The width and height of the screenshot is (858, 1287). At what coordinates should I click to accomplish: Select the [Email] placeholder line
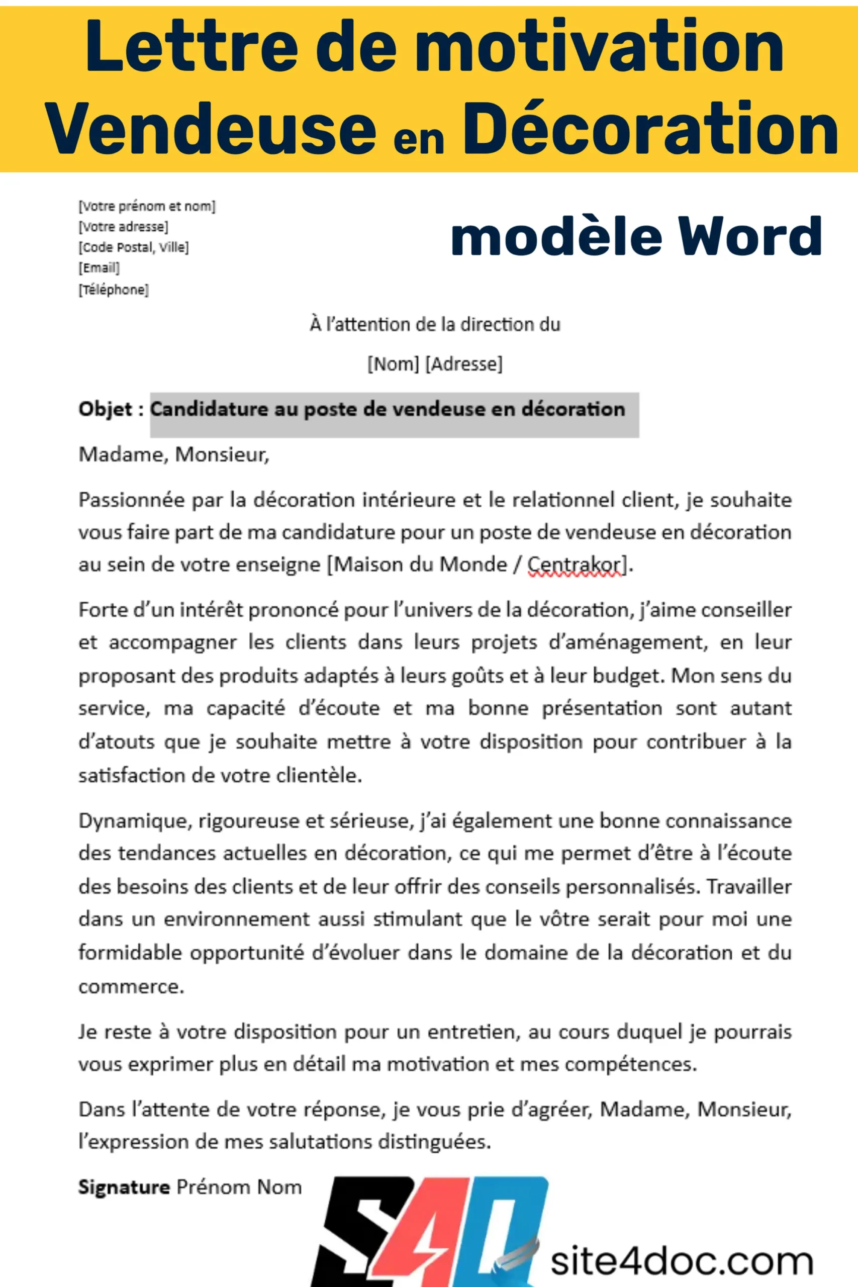(x=99, y=268)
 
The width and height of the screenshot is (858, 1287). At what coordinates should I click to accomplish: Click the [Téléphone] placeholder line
(x=114, y=290)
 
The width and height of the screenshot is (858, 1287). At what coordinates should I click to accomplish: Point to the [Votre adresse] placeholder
(x=124, y=227)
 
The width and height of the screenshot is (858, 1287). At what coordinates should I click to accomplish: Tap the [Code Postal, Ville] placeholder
(x=134, y=247)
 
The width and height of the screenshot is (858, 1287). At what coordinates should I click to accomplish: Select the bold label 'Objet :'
(x=112, y=409)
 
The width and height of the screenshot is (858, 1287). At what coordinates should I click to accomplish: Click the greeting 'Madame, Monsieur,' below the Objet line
(x=174, y=454)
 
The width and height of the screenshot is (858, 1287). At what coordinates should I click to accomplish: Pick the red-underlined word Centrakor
(x=575, y=565)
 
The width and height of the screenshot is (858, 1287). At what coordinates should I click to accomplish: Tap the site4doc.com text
(x=681, y=1259)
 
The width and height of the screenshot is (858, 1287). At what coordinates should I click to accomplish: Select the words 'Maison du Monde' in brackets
(x=420, y=565)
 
